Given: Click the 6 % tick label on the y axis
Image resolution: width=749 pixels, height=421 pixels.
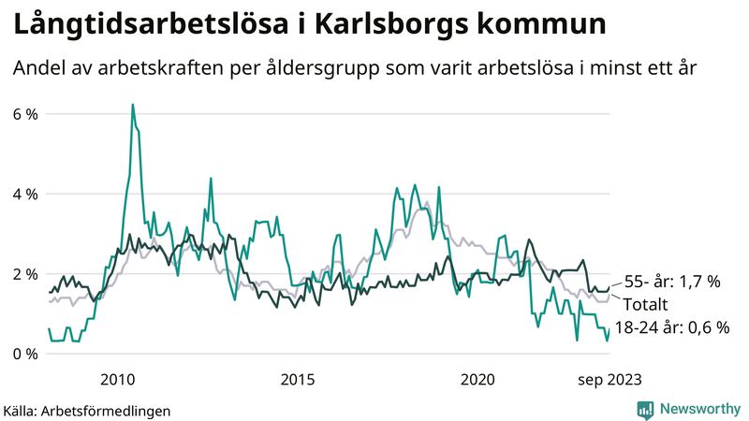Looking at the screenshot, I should pyautogui.click(x=24, y=114).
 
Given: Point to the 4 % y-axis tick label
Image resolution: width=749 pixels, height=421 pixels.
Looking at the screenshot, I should pyautogui.click(x=24, y=195).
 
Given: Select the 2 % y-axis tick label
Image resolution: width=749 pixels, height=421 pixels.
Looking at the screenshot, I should pyautogui.click(x=24, y=274).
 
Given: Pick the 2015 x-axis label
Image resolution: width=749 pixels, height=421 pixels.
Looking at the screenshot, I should pyautogui.click(x=298, y=379).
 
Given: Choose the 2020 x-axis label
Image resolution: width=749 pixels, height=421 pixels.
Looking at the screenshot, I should pyautogui.click(x=477, y=379).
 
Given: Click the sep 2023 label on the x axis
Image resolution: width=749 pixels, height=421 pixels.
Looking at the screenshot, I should pyautogui.click(x=609, y=379).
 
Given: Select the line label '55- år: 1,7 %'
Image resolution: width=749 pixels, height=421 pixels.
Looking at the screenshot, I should pyautogui.click(x=671, y=282).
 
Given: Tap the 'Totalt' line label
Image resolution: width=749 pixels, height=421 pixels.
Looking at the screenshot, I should pyautogui.click(x=646, y=304).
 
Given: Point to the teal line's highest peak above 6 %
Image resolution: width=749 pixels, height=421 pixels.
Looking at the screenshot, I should pyautogui.click(x=132, y=105).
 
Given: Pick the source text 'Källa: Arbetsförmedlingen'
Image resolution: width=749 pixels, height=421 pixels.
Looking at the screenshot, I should pyautogui.click(x=87, y=410).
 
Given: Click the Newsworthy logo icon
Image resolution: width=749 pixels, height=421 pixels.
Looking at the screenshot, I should pyautogui.click(x=645, y=409).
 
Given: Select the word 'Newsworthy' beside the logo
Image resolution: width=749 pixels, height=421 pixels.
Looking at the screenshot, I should pyautogui.click(x=698, y=409).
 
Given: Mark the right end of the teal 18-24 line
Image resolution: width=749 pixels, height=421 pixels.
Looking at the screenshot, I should pyautogui.click(x=609, y=329).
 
